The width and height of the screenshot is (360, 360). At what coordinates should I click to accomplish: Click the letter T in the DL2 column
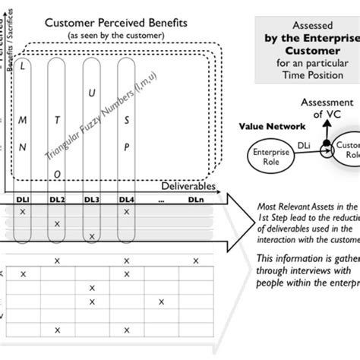pos(58,118)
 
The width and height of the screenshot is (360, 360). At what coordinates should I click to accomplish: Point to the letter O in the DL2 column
pos(58,174)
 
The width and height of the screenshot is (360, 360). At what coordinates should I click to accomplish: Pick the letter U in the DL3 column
pos(92,93)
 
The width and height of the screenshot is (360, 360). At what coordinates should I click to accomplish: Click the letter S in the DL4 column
pos(126,118)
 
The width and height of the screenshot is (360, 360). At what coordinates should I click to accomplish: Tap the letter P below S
pos(126,146)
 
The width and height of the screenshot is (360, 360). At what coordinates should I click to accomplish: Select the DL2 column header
pos(58,199)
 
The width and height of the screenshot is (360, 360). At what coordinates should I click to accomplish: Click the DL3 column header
pos(92,199)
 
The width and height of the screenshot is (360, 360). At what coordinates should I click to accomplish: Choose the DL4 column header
pos(126,199)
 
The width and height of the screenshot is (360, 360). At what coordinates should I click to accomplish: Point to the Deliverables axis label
pos(188,185)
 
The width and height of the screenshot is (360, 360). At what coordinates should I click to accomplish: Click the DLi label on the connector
pos(304,143)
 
